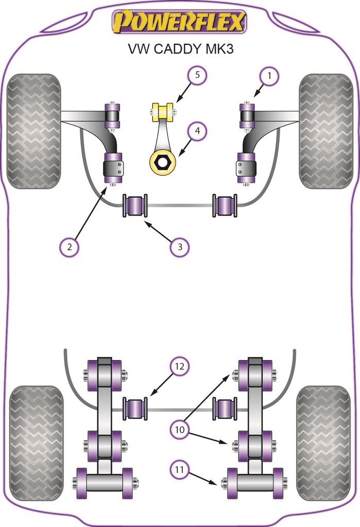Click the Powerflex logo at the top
coord(180,22)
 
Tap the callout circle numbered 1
coord(268,76)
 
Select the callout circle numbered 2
coord(68,247)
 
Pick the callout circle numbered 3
coord(180,247)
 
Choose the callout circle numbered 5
coord(197,76)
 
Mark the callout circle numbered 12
coord(180,367)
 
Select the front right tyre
coord(326,131)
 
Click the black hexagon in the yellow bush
coord(163,162)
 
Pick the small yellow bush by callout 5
coord(163,111)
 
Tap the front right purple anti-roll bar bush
coord(226,205)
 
